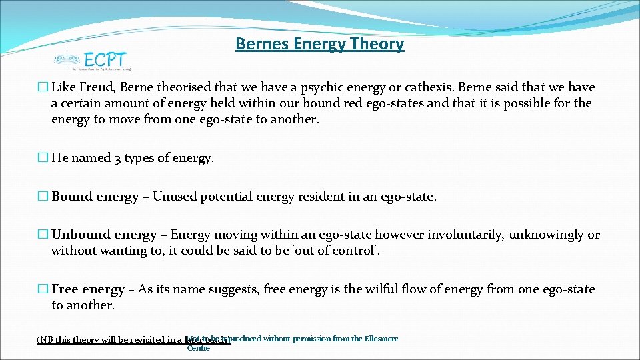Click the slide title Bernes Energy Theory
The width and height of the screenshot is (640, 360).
(319, 44)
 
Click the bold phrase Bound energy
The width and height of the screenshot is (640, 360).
(95, 197)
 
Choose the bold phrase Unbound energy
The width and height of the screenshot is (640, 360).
(104, 235)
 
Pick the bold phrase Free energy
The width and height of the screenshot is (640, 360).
(88, 289)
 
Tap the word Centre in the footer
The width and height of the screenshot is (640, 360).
(199, 348)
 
